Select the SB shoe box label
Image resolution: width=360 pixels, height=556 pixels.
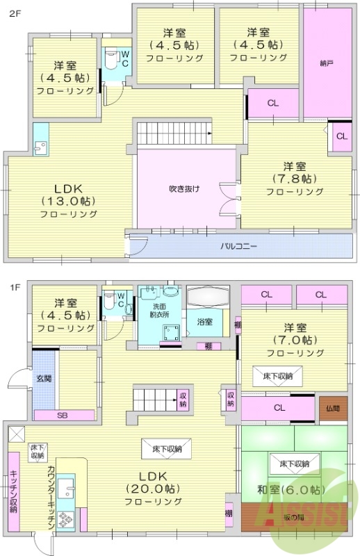click(63, 415)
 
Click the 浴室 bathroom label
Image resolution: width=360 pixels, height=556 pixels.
click(204, 322)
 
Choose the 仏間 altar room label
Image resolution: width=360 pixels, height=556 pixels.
click(331, 409)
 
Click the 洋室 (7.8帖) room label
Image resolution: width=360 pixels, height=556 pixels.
click(294, 178)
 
